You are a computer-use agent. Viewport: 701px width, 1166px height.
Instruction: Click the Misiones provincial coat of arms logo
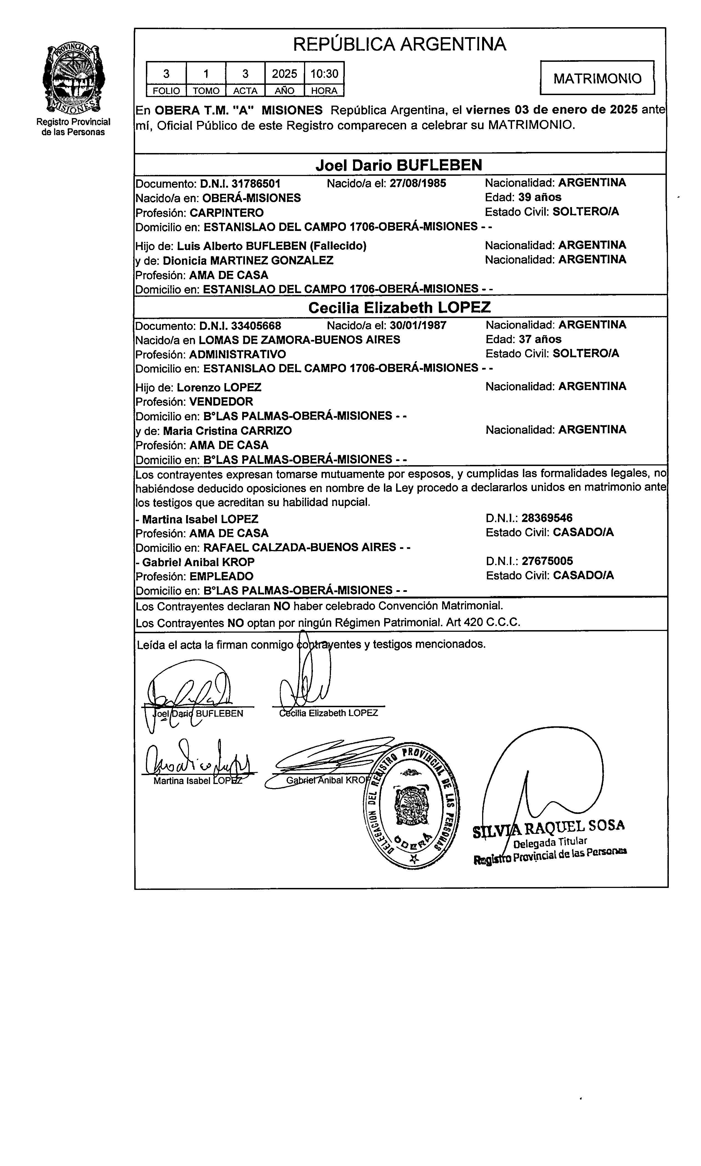pyautogui.click(x=74, y=78)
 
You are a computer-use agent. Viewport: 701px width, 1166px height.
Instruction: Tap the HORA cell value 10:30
pyautogui.click(x=324, y=74)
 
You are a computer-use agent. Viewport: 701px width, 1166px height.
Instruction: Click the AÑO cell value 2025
pyautogui.click(x=284, y=74)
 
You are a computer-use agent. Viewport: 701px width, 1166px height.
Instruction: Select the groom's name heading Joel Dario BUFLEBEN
pyautogui.click(x=399, y=165)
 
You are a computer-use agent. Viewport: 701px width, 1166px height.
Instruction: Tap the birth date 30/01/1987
pyautogui.click(x=418, y=325)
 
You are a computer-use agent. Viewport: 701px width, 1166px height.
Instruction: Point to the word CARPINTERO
pyautogui.click(x=227, y=213)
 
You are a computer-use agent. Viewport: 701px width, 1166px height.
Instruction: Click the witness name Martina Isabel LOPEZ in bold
pyautogui.click(x=200, y=519)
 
